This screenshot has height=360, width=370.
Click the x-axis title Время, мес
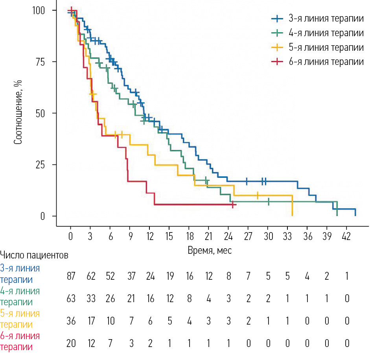click(210, 251)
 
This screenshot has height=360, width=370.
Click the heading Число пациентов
click(35, 255)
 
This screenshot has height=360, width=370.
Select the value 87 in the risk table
click(71, 276)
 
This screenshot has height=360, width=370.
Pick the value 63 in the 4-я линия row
click(71, 298)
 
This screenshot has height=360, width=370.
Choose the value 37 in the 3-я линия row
click(130, 276)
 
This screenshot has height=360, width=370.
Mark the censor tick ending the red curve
click(234, 205)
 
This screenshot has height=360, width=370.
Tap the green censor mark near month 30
click(269, 201)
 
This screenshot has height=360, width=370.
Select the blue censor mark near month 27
click(247, 181)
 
